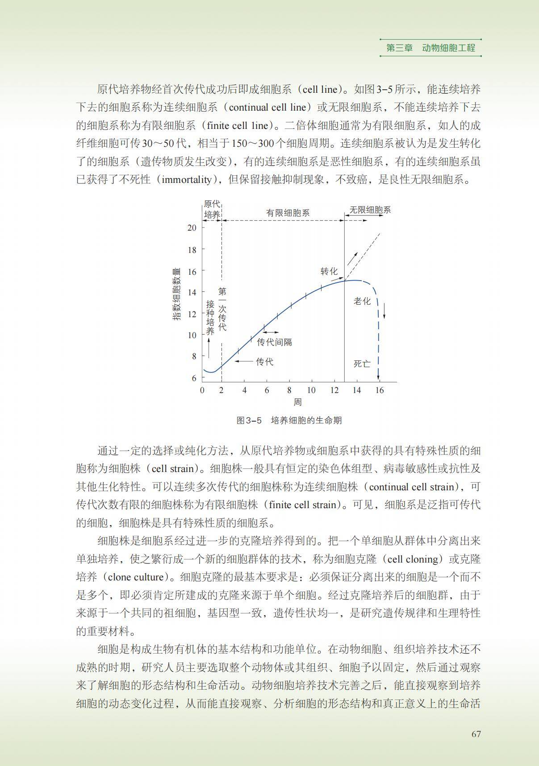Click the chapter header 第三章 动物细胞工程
click(x=430, y=48)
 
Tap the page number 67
click(x=476, y=734)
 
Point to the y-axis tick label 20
click(x=192, y=228)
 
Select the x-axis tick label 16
click(x=379, y=390)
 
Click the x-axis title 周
click(x=297, y=402)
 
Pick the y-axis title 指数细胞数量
click(x=177, y=294)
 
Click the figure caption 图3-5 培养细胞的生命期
click(x=289, y=420)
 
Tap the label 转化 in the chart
click(x=329, y=271)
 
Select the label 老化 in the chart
click(x=362, y=301)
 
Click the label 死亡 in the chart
click(x=362, y=364)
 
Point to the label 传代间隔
click(x=275, y=342)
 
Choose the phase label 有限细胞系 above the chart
click(x=288, y=213)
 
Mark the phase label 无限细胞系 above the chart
click(x=370, y=210)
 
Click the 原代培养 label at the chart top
click(x=212, y=209)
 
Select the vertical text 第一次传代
click(x=222, y=309)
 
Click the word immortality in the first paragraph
click(x=186, y=180)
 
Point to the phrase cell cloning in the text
click(x=413, y=559)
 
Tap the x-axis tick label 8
click(x=289, y=390)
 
